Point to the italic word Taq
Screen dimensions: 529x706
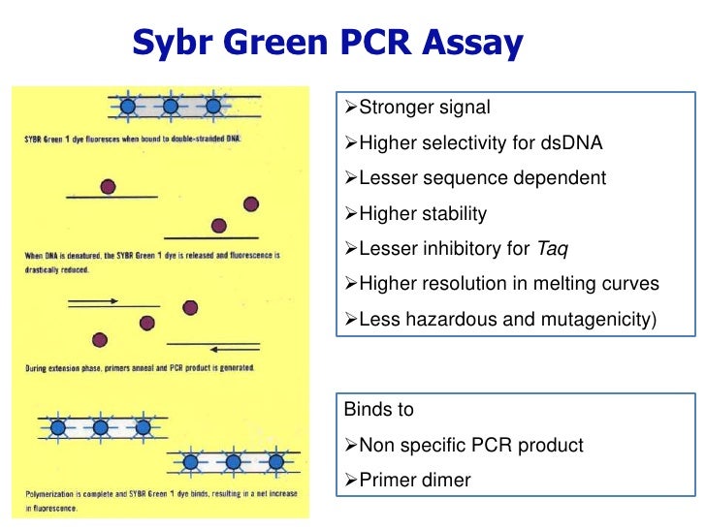click(552, 248)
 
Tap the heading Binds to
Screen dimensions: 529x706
click(379, 410)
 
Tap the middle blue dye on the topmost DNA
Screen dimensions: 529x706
click(171, 106)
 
